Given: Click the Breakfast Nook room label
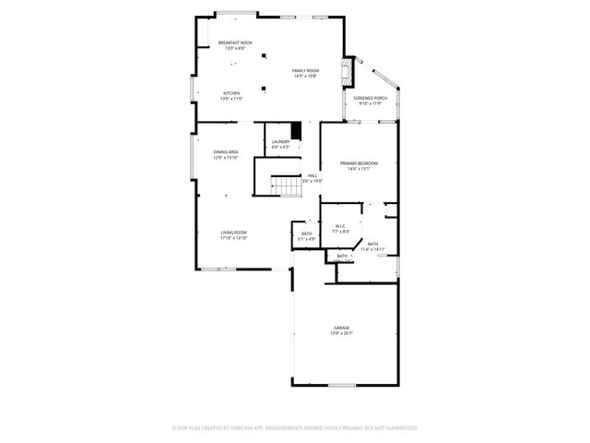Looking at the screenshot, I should pyautogui.click(x=235, y=43).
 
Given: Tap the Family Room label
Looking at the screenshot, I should pyautogui.click(x=305, y=71).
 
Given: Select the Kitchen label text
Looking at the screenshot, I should pyautogui.click(x=231, y=92).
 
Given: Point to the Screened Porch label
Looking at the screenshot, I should pyautogui.click(x=369, y=99).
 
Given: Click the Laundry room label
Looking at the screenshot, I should pyautogui.click(x=280, y=141).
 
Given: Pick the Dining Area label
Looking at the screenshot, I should pyautogui.click(x=226, y=152).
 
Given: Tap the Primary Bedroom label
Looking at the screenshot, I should pyautogui.click(x=358, y=163).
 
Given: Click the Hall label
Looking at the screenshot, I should pyautogui.click(x=312, y=175).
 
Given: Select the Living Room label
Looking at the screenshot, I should pyautogui.click(x=233, y=233).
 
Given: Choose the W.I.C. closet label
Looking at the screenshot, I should pyautogui.click(x=339, y=226).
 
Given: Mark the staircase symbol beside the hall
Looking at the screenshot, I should pyautogui.click(x=290, y=187).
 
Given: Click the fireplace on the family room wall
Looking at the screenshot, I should pyautogui.click(x=347, y=72).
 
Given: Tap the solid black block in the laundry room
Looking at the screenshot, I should pyautogui.click(x=296, y=129).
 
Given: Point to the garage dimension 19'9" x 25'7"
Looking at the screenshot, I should pyautogui.click(x=343, y=334).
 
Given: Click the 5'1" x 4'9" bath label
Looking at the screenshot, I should pyautogui.click(x=307, y=236).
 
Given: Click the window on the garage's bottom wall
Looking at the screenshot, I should pyautogui.click(x=342, y=384).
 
